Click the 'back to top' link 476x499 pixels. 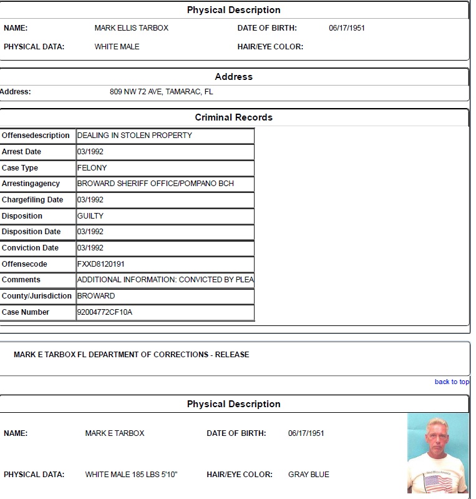452,382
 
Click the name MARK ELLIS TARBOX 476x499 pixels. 132,28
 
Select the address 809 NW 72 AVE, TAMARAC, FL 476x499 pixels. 161,92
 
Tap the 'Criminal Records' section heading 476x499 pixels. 233,117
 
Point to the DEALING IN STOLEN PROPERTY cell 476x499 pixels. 135,136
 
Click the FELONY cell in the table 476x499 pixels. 92,168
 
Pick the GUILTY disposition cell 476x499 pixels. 90,216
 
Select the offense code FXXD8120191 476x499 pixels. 101,264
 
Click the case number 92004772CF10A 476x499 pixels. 105,312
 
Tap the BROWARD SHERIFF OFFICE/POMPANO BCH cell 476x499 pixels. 155,184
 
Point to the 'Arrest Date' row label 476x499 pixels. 22,152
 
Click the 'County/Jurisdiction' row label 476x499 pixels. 36,296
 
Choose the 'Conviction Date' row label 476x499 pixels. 30,248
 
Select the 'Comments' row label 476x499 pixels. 21,280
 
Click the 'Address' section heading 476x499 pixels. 233,77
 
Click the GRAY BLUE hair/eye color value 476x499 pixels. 308,475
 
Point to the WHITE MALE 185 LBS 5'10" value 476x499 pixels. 131,475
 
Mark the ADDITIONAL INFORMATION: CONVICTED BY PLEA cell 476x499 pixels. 165,280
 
